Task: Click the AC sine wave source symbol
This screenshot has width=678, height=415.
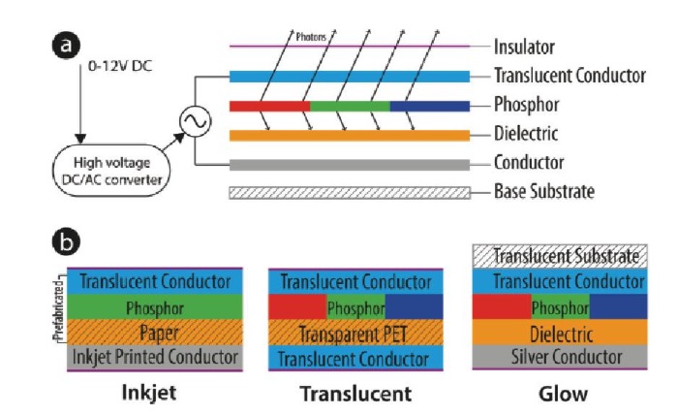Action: (192, 121)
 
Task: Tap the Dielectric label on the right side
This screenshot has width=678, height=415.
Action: (525, 133)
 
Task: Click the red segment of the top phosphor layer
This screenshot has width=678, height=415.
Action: (269, 105)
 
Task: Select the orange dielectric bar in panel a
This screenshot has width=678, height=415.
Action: (350, 133)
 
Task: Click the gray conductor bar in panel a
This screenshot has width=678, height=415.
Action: (350, 163)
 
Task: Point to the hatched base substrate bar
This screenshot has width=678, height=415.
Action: (350, 191)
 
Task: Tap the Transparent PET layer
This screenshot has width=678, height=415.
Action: (354, 335)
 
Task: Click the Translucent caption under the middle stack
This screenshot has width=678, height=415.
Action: (354, 395)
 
